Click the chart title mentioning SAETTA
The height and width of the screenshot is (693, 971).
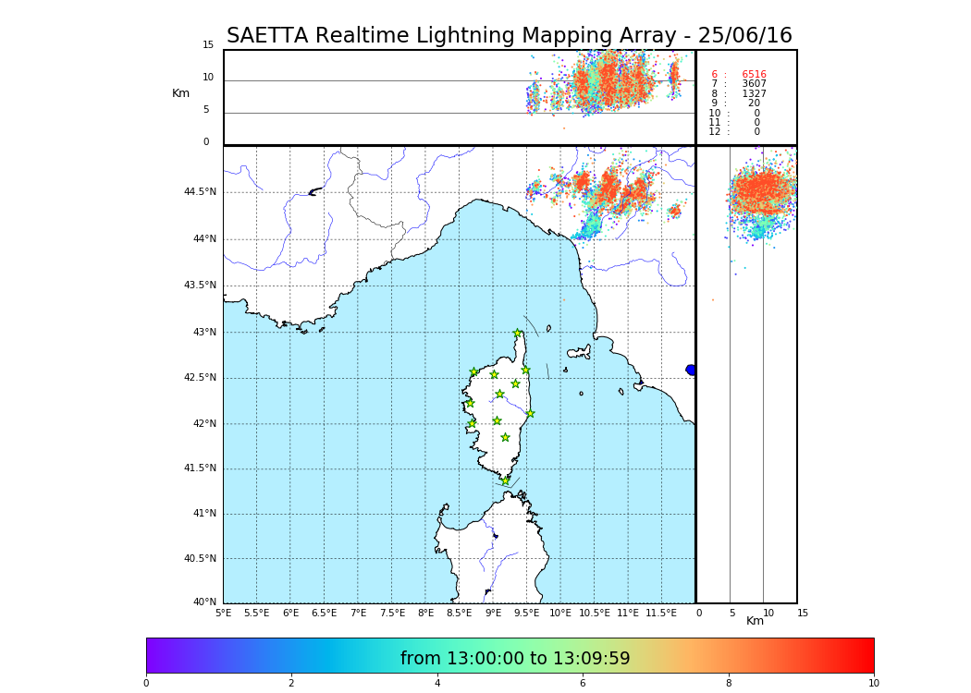(510, 36)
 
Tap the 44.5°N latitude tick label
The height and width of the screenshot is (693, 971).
(200, 192)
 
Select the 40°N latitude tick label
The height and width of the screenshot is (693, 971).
(204, 602)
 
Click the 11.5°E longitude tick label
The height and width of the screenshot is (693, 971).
(661, 613)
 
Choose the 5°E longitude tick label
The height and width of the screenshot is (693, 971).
(223, 613)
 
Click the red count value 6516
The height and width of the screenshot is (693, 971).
(754, 75)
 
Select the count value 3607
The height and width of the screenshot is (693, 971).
(754, 84)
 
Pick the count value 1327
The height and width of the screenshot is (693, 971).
(754, 94)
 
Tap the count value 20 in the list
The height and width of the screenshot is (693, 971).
(754, 103)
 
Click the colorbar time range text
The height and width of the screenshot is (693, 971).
(515, 659)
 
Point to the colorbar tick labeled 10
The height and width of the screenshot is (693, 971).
(874, 684)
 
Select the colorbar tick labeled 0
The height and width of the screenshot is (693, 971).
(146, 684)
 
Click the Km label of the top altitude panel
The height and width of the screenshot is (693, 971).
(180, 93)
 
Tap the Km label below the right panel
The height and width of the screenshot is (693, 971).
(756, 621)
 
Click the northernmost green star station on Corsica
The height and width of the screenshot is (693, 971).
(518, 334)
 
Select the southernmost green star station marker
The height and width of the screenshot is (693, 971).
(505, 480)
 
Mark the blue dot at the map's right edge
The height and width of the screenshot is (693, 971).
(691, 370)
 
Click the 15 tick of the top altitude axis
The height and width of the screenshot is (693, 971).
(208, 45)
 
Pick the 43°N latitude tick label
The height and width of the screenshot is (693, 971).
(204, 333)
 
